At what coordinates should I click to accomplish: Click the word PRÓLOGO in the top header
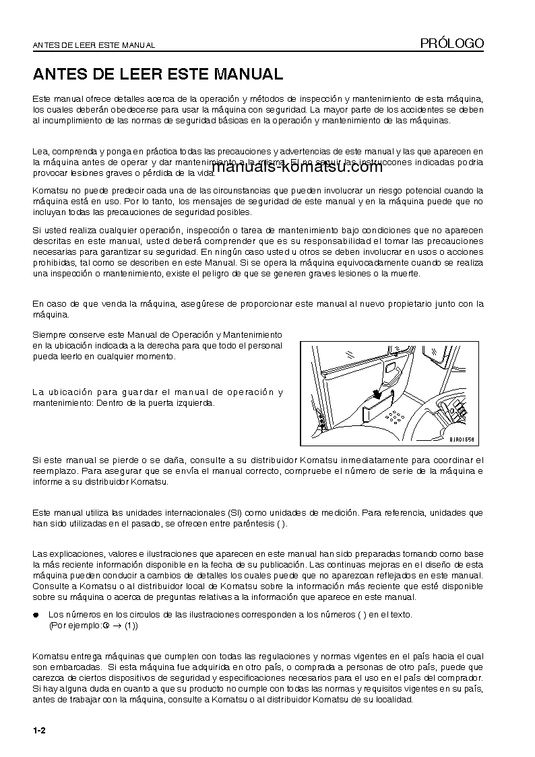[x=452, y=43]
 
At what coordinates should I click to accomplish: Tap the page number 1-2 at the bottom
[x=38, y=731]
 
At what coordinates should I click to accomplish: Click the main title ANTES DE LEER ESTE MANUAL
[x=158, y=73]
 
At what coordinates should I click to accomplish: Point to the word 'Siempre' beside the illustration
[x=49, y=334]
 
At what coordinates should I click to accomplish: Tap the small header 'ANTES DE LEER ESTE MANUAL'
[x=94, y=45]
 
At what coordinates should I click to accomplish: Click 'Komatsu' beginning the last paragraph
[x=50, y=656]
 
